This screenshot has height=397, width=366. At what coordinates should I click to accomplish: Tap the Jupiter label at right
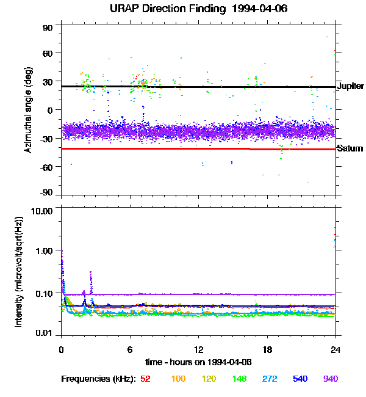(x=350, y=87)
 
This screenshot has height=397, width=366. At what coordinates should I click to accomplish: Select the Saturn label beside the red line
(x=350, y=148)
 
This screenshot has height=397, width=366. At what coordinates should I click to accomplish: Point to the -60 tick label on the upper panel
(x=46, y=166)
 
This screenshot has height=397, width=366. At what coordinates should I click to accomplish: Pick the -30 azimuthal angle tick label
(x=46, y=138)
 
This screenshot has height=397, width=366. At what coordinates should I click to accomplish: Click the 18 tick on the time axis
(x=267, y=349)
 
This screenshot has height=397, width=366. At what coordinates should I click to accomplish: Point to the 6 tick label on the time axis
(x=129, y=349)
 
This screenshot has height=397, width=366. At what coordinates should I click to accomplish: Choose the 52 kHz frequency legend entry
(x=145, y=379)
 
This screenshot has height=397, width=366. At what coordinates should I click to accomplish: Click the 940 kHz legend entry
(x=330, y=379)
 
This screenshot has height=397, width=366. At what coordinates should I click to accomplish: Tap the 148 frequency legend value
(x=239, y=379)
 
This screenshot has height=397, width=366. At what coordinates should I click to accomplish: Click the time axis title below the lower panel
(x=198, y=362)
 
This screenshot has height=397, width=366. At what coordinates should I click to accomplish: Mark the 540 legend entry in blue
(x=300, y=379)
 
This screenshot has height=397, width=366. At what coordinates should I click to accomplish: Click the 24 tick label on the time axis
(x=335, y=349)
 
